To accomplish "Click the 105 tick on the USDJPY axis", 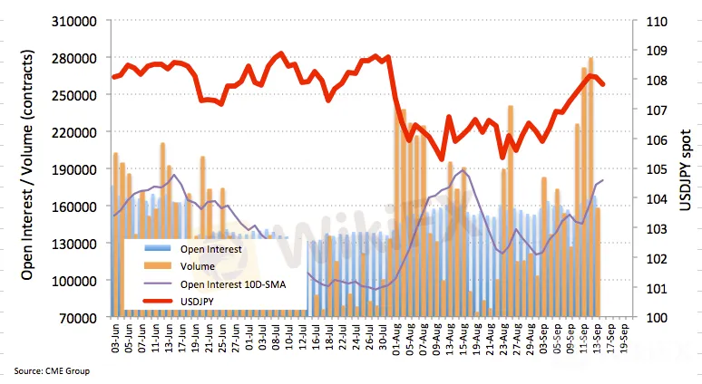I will pos(656,168).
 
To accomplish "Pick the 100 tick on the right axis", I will pos(656,318).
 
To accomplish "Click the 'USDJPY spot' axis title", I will pos(686,169).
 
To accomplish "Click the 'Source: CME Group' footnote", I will pos(52,370).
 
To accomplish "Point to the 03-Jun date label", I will pos(115,340).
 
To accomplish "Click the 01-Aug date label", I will pos(395,340).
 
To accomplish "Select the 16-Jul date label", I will pos(315,340).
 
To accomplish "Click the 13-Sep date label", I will pos(597,340).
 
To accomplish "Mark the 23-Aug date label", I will pos(502,340).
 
